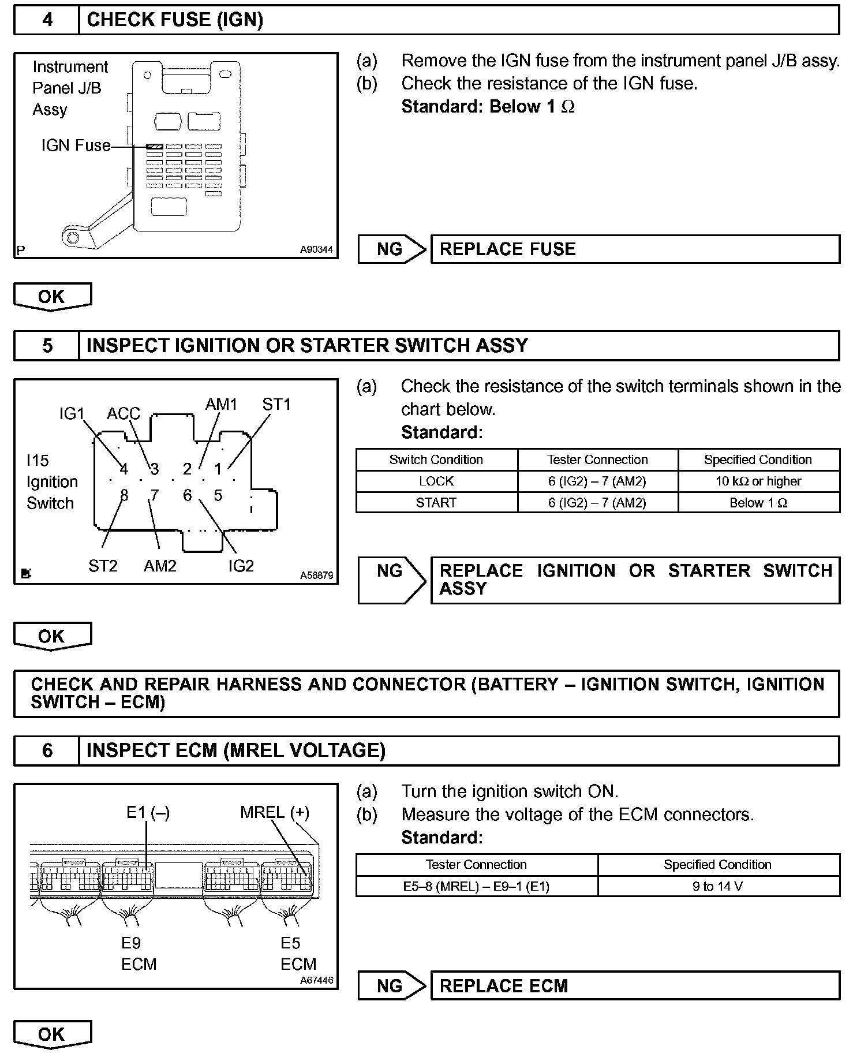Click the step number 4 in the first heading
click(x=47, y=20)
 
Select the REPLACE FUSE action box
click(x=635, y=249)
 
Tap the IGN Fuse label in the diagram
click(x=76, y=145)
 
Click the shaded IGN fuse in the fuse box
click(x=155, y=147)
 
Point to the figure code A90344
click(x=316, y=250)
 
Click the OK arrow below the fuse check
click(x=52, y=297)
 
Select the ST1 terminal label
click(x=276, y=405)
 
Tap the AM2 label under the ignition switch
click(x=160, y=566)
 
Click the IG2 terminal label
click(x=241, y=566)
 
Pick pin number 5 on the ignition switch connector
click(x=218, y=495)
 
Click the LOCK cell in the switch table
click(x=436, y=481)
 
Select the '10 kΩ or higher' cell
click(x=758, y=481)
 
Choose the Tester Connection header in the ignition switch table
click(x=597, y=460)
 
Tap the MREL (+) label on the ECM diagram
click(x=275, y=813)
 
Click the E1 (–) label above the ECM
click(x=148, y=813)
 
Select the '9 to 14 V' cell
click(x=718, y=886)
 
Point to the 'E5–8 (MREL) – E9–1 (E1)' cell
click(x=476, y=886)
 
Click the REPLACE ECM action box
click(x=635, y=986)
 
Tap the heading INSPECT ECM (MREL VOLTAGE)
click(x=236, y=750)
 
